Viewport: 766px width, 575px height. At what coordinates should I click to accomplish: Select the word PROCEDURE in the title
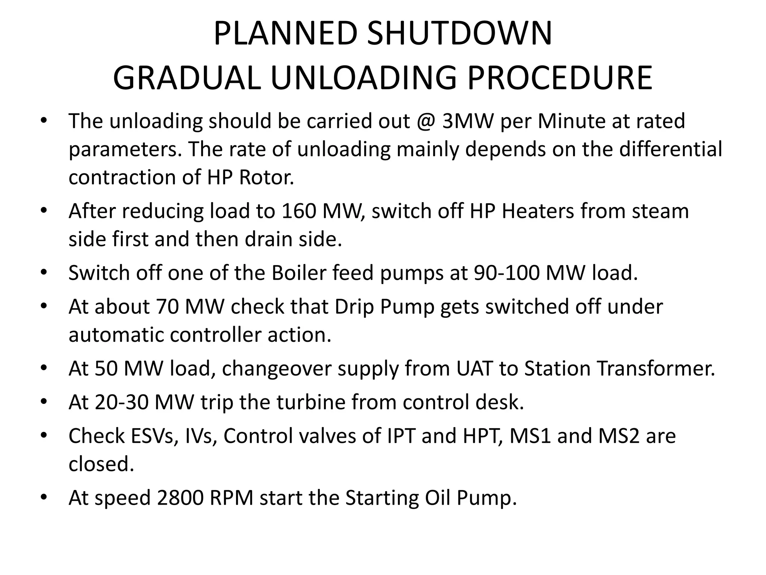(x=560, y=78)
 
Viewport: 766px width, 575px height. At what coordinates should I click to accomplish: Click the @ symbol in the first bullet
(x=426, y=121)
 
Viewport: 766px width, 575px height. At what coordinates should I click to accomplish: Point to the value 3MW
(x=468, y=121)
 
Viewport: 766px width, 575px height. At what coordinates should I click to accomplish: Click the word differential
(x=671, y=149)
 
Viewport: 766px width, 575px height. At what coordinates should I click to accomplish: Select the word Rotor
(x=266, y=177)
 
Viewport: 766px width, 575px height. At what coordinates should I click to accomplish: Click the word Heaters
(x=537, y=211)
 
